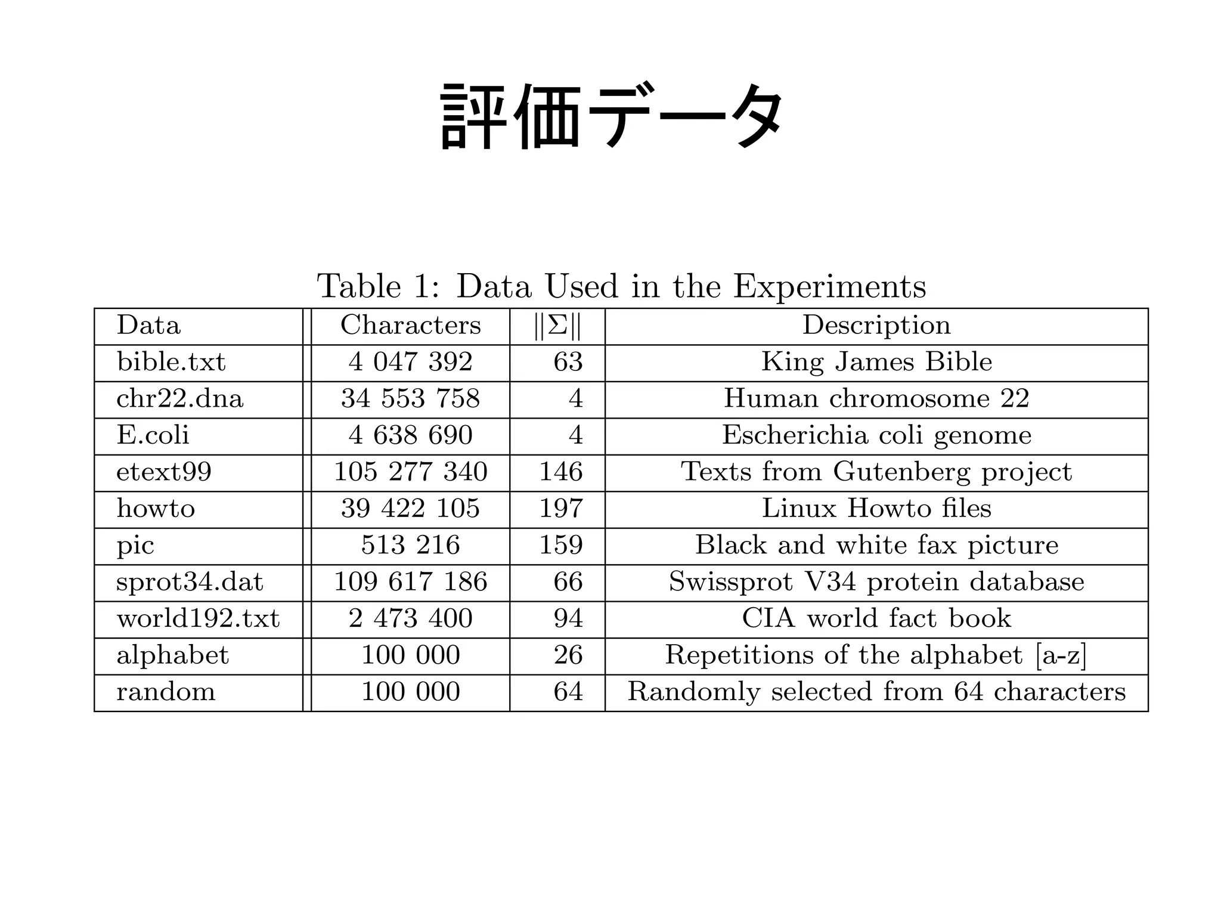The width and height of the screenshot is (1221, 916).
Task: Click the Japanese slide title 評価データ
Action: click(612, 116)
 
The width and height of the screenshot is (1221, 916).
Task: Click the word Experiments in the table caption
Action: click(829, 286)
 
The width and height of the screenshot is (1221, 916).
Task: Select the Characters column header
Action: click(410, 326)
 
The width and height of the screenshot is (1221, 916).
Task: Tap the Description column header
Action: click(876, 326)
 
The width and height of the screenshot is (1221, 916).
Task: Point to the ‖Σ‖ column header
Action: click(557, 326)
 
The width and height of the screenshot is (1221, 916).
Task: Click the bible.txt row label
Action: click(171, 363)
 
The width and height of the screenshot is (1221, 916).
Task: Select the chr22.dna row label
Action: click(179, 399)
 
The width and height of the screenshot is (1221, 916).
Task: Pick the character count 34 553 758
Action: click(410, 399)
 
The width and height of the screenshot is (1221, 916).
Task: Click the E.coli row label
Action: click(153, 435)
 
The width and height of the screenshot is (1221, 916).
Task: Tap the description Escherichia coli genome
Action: click(876, 435)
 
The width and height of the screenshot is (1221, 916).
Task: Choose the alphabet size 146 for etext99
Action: click(560, 472)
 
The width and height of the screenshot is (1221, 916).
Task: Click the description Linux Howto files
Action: click(876, 509)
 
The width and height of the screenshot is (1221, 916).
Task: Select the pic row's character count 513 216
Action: click(410, 546)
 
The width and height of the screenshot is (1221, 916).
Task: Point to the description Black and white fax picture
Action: click(876, 546)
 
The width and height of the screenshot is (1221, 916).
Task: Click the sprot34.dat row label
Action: click(190, 582)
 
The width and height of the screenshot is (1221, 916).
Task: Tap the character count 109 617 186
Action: click(410, 582)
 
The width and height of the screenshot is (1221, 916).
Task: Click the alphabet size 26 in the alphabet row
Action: click(568, 655)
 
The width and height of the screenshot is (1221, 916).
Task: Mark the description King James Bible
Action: click(876, 363)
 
